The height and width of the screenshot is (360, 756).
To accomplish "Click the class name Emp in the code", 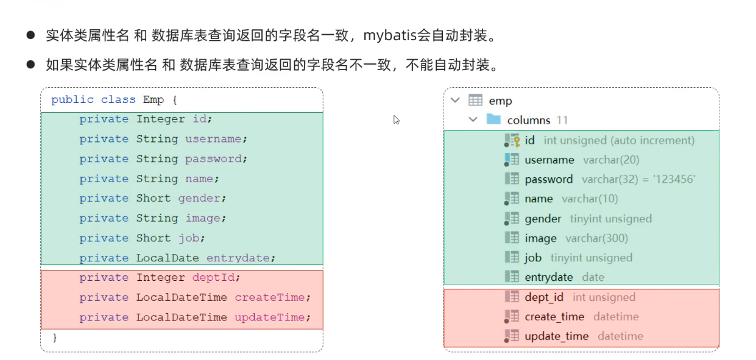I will [154, 100].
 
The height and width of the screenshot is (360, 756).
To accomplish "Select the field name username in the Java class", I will [213, 139].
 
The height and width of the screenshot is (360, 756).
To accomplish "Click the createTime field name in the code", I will [269, 297].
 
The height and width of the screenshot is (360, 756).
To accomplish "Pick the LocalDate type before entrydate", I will [168, 258].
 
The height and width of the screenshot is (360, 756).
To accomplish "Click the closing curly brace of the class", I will [54, 337].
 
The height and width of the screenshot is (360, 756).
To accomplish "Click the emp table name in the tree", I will [500, 101].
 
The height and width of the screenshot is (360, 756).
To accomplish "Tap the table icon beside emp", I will [475, 101].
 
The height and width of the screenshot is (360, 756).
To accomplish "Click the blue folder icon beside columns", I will [493, 119].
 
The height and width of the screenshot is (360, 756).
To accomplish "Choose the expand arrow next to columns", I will [473, 119].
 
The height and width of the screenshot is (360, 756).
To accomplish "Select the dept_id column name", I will [544, 297].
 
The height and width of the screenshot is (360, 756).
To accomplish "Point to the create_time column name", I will [554, 317].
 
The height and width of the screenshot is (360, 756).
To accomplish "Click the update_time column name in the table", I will [557, 336].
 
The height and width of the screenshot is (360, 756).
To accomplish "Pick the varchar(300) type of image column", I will [596, 238].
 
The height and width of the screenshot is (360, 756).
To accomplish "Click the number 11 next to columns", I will [562, 120].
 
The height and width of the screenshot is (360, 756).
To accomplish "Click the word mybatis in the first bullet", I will [390, 35].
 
